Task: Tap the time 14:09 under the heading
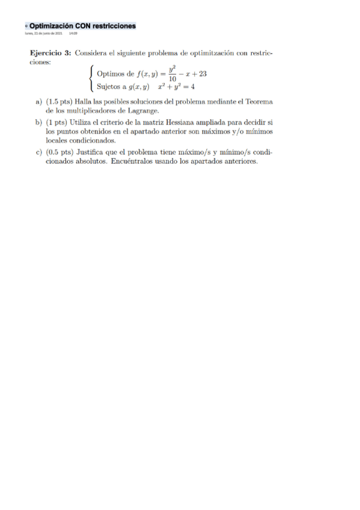73,33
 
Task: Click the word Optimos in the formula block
109,75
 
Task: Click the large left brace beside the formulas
90,81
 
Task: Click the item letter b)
38,123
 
